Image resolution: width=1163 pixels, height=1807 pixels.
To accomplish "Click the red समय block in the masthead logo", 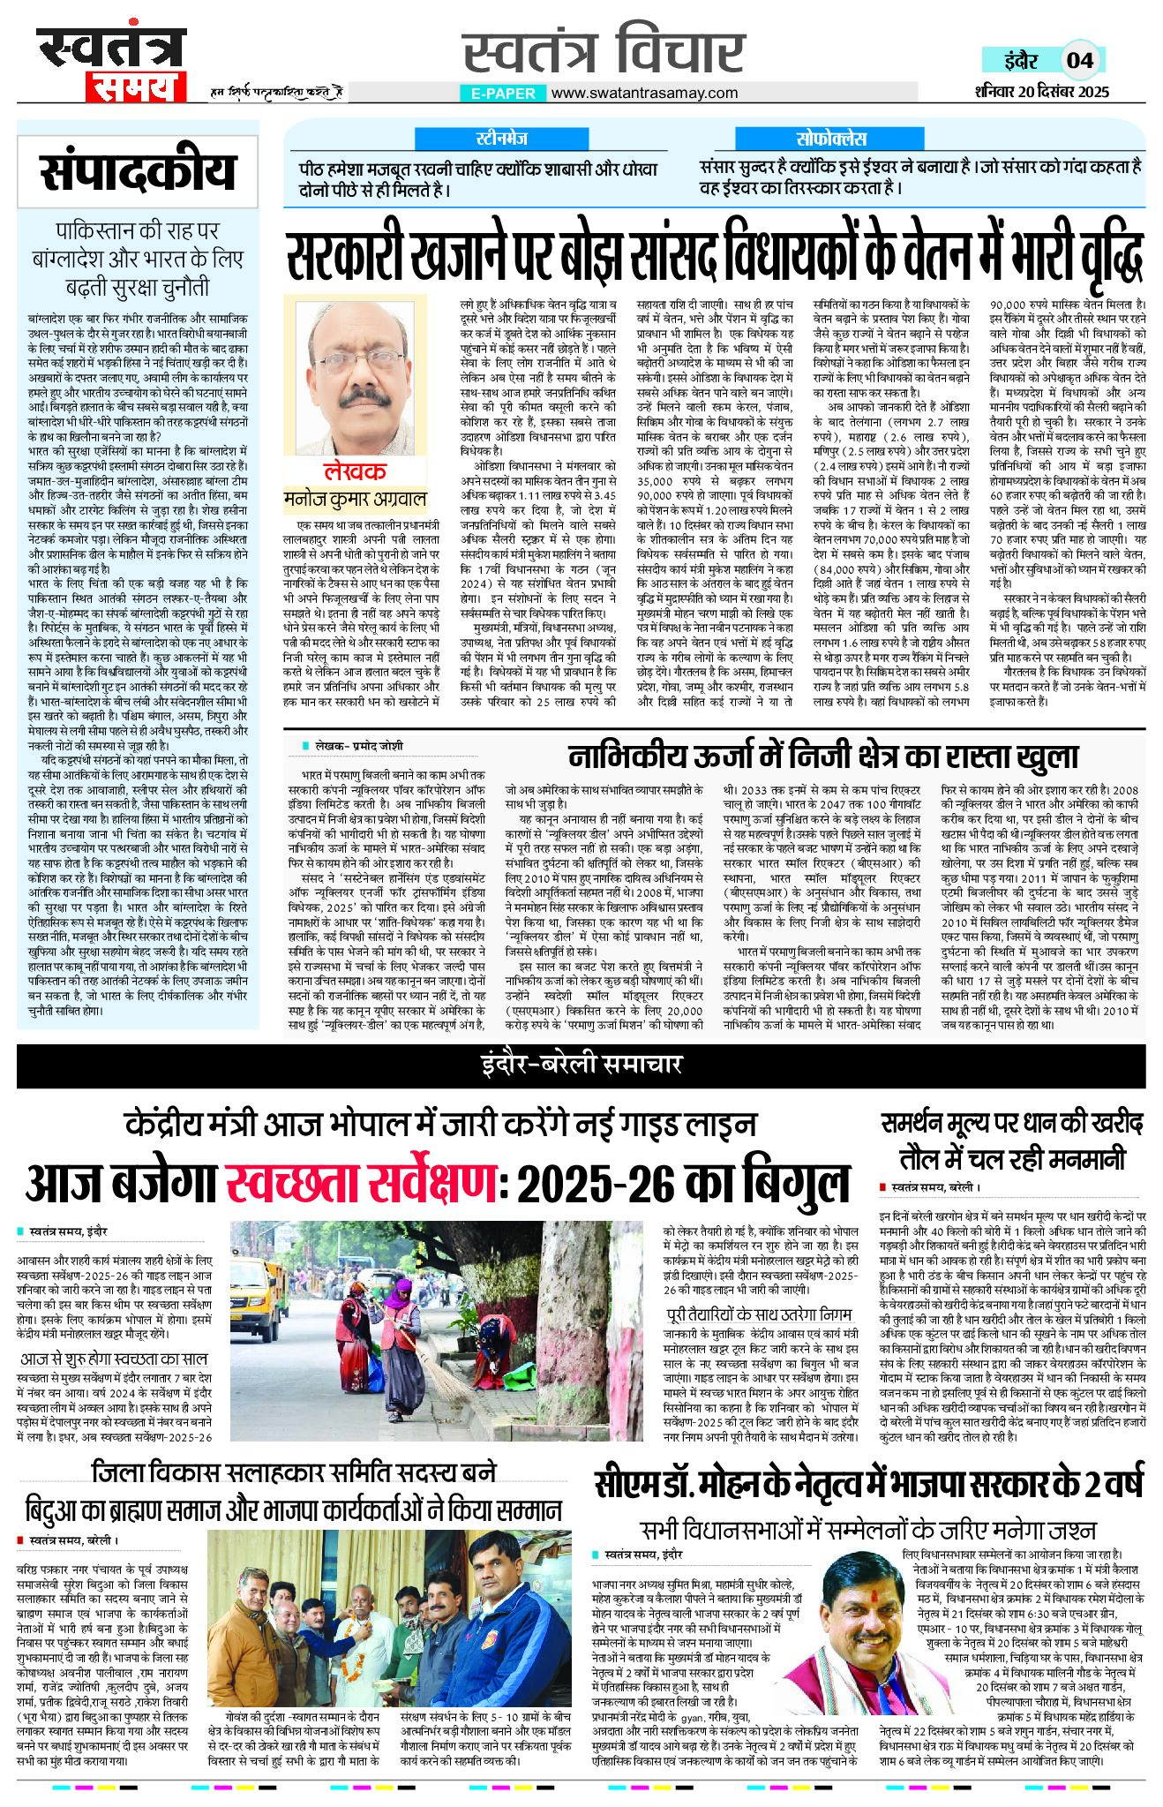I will (x=136, y=86).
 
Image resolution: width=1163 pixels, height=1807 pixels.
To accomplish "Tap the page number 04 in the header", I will (x=1079, y=60).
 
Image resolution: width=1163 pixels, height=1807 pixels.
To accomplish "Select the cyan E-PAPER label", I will (x=503, y=93).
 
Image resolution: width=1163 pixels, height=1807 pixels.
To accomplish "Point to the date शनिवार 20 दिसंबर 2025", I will (x=1041, y=92).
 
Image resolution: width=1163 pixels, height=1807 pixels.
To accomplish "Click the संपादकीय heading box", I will (x=138, y=172).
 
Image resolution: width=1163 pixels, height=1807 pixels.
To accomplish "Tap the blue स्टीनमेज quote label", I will (x=501, y=139).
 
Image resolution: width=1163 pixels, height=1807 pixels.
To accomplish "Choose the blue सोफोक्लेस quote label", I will (x=831, y=139).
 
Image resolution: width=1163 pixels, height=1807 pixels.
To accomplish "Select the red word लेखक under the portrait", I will (x=354, y=471).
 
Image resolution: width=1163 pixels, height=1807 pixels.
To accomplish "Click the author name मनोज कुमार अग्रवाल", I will (x=355, y=499).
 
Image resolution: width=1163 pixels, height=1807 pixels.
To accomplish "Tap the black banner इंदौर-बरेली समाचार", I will (x=581, y=1065).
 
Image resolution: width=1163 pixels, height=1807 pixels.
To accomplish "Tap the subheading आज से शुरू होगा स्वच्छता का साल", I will (x=114, y=1359).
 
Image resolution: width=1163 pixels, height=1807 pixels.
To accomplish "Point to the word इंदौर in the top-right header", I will (x=1021, y=60).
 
